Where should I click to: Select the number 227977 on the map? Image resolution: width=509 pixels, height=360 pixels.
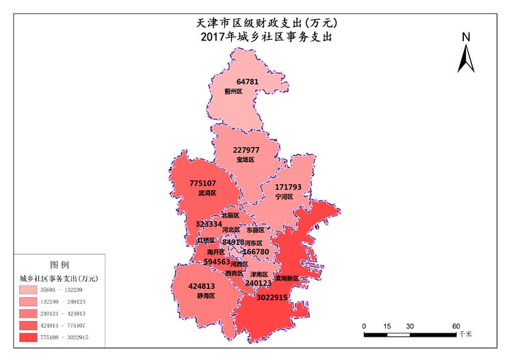246,150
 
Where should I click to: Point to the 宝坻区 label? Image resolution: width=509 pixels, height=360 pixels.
245,159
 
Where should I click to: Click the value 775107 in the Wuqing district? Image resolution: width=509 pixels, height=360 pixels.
203,183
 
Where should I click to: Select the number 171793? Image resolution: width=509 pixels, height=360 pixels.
288,187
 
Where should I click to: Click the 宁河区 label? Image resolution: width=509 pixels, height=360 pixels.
284,196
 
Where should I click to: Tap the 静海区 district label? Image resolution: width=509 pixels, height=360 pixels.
206,296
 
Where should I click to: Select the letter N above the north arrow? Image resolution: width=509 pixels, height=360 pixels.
466,37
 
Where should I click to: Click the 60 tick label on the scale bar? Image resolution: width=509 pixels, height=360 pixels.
456,326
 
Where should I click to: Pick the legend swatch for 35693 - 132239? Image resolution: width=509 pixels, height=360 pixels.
32,290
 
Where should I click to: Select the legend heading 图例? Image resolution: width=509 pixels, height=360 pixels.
60,263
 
